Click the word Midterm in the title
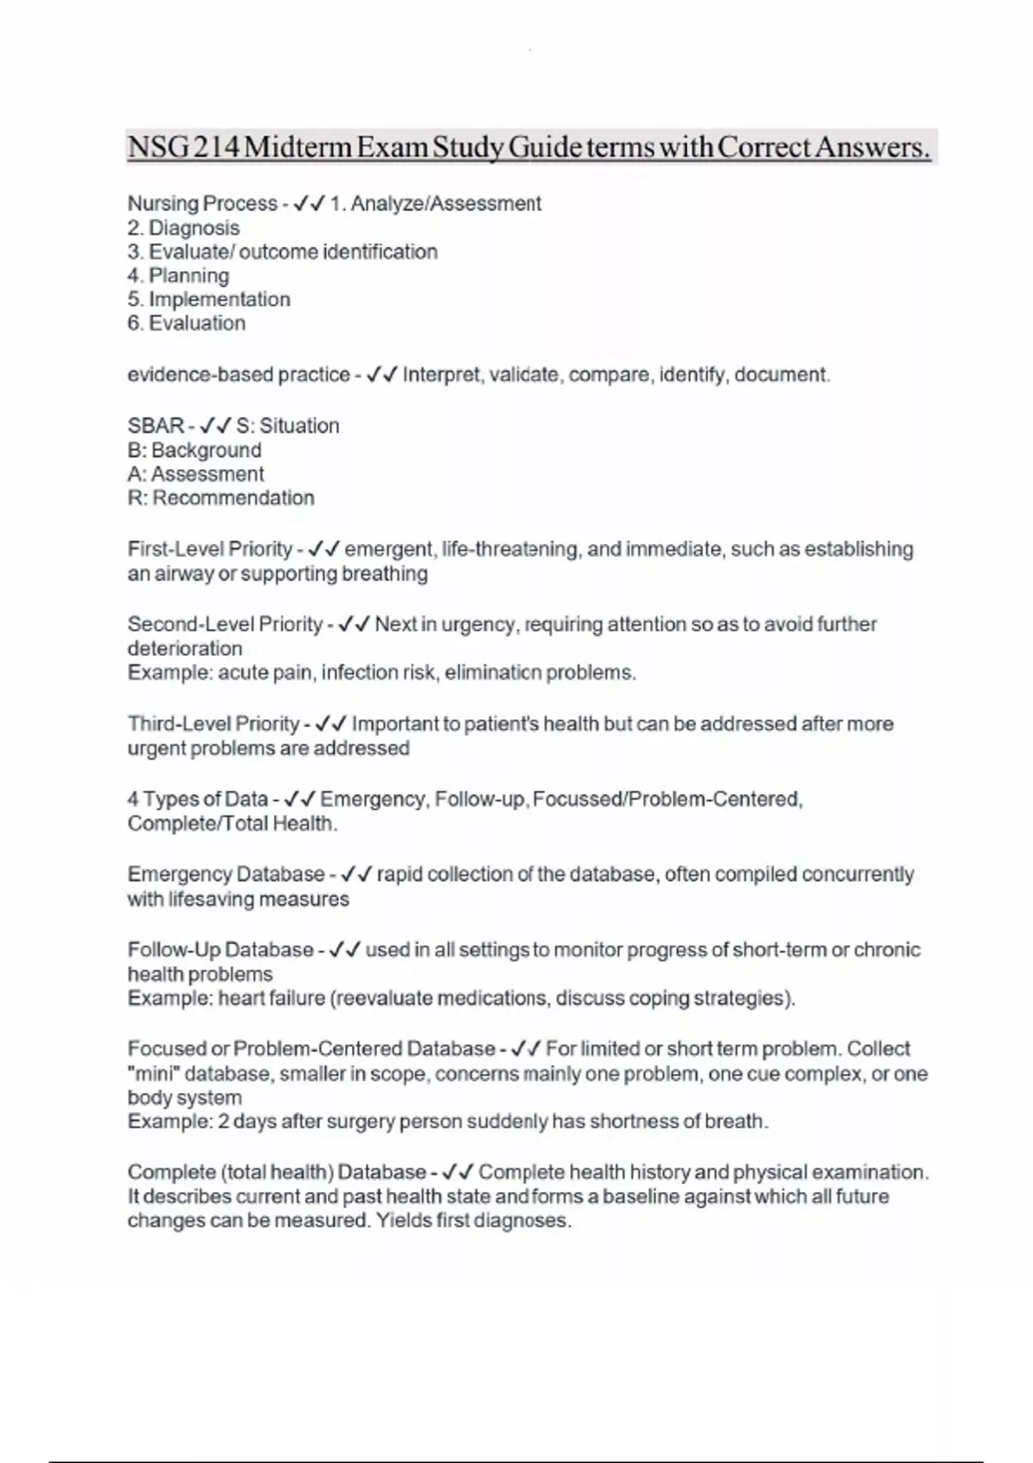[x=298, y=147]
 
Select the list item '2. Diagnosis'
[x=183, y=228]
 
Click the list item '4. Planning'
[x=178, y=275]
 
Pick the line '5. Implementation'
[x=208, y=299]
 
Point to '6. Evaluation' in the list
[x=186, y=324]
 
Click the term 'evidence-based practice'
[x=238, y=375]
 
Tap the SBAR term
[x=156, y=426]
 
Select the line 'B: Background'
[x=194, y=450]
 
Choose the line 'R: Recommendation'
[x=220, y=498]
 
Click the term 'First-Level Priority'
[x=210, y=549]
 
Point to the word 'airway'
[x=183, y=574]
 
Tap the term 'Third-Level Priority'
[x=213, y=724]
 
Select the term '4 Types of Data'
[x=197, y=799]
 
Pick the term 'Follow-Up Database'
[x=220, y=950]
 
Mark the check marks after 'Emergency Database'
[x=356, y=875]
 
